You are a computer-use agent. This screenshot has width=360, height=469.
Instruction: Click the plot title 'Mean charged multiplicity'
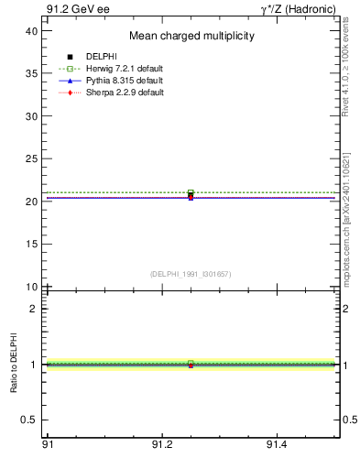click(191, 36)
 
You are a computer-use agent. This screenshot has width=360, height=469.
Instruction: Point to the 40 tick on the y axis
click(30, 31)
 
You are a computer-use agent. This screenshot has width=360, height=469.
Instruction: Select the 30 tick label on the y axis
click(30, 116)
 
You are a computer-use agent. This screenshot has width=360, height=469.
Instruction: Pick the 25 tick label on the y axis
click(30, 158)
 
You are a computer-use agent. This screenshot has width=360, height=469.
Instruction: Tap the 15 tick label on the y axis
click(30, 244)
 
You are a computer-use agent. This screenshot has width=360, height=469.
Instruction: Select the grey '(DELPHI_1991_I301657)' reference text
click(191, 274)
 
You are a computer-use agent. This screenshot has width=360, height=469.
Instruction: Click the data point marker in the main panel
click(191, 194)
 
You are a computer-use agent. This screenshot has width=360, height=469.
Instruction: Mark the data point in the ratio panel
click(191, 365)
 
